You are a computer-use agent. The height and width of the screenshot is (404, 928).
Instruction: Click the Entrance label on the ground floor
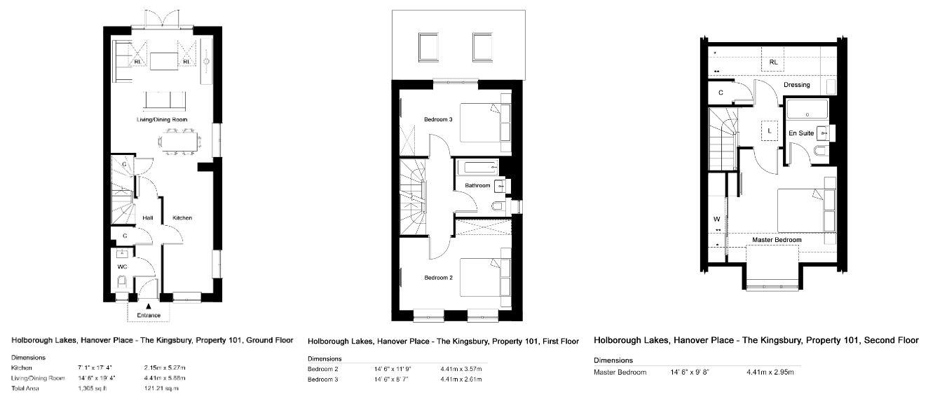(x=149, y=316)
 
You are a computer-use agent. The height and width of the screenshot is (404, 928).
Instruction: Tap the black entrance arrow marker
(x=149, y=307)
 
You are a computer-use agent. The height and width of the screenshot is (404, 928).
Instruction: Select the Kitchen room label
(x=182, y=218)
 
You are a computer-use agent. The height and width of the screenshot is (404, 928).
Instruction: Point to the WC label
(x=122, y=267)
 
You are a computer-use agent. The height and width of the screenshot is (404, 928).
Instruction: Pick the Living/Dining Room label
(x=162, y=120)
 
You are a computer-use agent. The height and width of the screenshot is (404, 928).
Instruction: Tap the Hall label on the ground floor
(x=148, y=218)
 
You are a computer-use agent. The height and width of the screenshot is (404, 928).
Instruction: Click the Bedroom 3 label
(x=438, y=120)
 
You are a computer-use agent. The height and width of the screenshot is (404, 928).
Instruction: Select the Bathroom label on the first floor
(x=477, y=186)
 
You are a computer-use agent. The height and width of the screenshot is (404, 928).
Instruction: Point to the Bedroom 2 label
(x=438, y=278)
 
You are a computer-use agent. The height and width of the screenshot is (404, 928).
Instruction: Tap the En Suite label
(x=801, y=133)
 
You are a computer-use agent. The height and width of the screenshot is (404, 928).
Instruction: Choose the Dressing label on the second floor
(x=797, y=85)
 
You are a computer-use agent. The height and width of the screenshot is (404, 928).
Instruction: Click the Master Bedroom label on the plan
(x=777, y=240)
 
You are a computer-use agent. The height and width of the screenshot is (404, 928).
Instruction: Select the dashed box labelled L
(x=770, y=131)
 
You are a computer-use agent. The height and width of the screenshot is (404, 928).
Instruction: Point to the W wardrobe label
(x=717, y=220)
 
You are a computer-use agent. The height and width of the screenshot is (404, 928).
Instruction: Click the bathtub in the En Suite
(x=807, y=109)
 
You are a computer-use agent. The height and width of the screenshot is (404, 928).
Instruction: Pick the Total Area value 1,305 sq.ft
(x=93, y=389)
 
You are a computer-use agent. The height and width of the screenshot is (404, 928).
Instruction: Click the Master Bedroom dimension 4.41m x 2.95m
(x=770, y=372)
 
